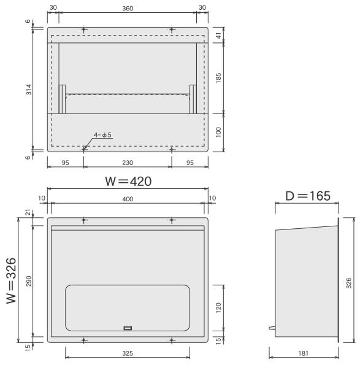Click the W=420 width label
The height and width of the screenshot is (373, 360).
click(128, 181)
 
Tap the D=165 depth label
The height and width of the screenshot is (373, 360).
click(308, 196)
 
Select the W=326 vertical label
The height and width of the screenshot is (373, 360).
click(11, 281)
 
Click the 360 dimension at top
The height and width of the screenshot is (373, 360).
click(128, 9)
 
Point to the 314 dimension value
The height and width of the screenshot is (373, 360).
click(29, 90)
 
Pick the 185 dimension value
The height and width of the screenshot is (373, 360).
click(218, 78)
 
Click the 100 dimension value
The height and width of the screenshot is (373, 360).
click(218, 133)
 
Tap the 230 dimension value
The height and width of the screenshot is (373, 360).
click(128, 163)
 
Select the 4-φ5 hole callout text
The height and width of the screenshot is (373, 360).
click(102, 135)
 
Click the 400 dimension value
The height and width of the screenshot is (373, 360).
click(128, 199)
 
